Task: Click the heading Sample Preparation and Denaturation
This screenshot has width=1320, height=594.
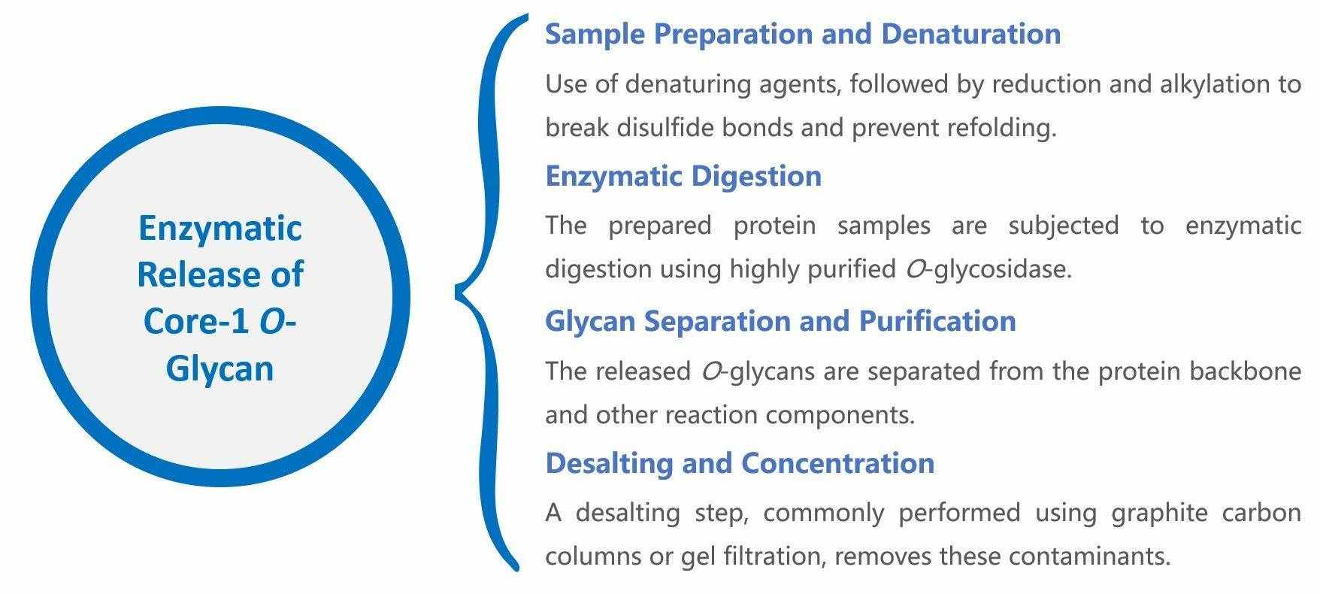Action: pyautogui.click(x=802, y=34)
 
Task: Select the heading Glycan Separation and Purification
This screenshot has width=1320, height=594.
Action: pyautogui.click(x=780, y=321)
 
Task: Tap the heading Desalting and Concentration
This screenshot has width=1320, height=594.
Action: pyautogui.click(x=740, y=462)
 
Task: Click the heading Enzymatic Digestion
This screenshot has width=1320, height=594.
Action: pyautogui.click(x=683, y=176)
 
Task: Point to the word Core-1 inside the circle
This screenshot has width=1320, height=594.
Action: pyautogui.click(x=197, y=321)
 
